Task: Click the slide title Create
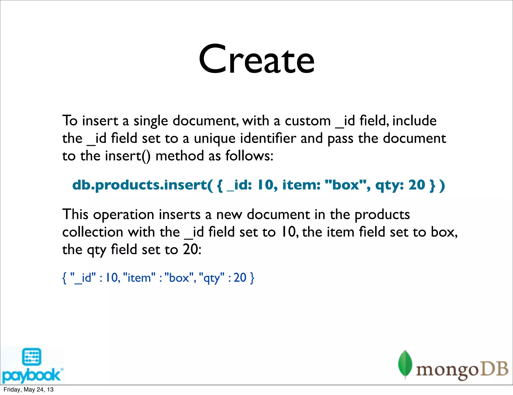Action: (x=256, y=60)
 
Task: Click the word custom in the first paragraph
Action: (x=308, y=121)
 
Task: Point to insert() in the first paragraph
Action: (x=128, y=156)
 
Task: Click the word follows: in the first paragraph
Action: (x=249, y=156)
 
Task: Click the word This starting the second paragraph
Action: (x=75, y=215)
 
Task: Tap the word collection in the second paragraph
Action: (x=92, y=232)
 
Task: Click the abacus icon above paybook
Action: (x=32, y=357)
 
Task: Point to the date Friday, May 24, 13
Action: (x=29, y=389)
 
